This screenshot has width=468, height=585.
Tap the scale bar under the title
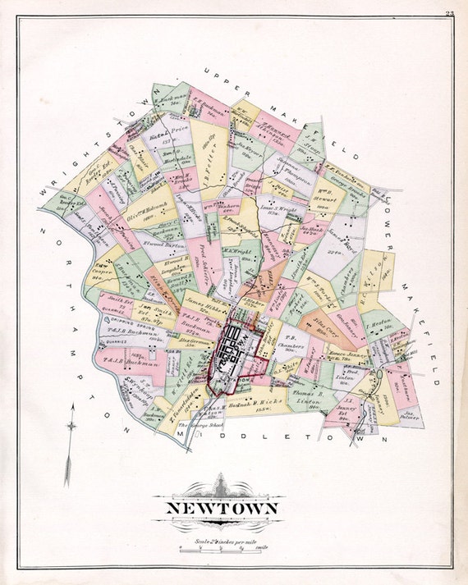pos(222,549)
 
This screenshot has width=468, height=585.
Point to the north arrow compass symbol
pos(71,425)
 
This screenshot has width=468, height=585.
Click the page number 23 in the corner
pos(450,12)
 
